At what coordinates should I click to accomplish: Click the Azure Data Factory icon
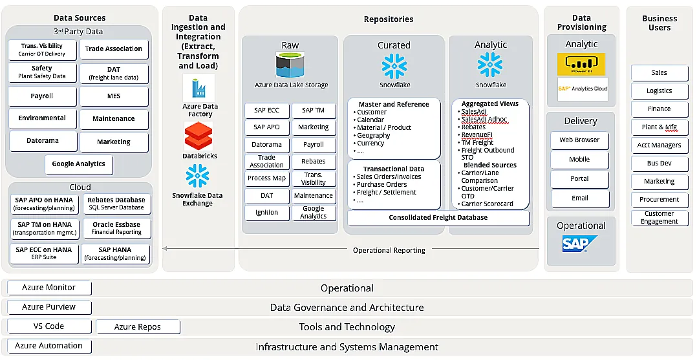pos(198,87)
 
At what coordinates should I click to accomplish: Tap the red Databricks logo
pos(198,136)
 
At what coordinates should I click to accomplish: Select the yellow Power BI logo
pos(581,64)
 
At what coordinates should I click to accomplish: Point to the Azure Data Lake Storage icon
pos(290,65)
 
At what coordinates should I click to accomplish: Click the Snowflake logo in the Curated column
pos(394,67)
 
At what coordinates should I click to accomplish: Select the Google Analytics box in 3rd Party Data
pos(79,164)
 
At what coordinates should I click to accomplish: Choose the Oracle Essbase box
pos(116,228)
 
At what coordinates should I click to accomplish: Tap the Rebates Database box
pos(116,204)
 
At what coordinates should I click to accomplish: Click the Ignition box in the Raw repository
pos(266,212)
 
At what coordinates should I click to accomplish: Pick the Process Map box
pos(266,178)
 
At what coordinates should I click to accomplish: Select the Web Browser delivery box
pos(579,140)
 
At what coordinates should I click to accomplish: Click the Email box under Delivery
pos(579,198)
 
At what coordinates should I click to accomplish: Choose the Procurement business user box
pos(659,200)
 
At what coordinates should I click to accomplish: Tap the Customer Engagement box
pos(659,218)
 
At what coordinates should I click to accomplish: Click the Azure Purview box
pos(49,307)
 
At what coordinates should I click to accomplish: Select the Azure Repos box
pos(138,327)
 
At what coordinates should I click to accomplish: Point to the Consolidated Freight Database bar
pos(438,218)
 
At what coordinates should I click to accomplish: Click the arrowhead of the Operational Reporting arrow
pos(165,248)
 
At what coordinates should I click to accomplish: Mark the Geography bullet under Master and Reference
pos(373,136)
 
